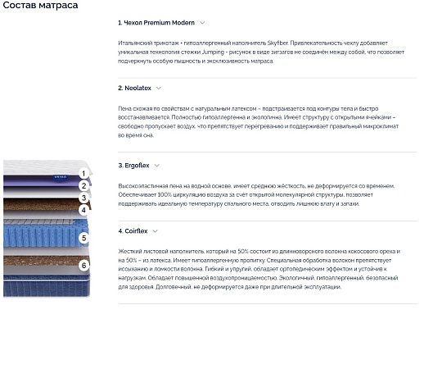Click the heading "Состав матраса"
coord(40,5)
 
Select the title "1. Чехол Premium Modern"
coord(156,23)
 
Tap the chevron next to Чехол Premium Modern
coord(202,23)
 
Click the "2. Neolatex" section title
coord(134,88)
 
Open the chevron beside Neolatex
coord(159,88)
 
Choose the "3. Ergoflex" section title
coord(133,166)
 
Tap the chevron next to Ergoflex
coord(157,166)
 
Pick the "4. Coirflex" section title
coord(133,231)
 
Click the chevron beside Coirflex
coord(156,231)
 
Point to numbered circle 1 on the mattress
coord(83,174)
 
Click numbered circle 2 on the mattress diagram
coord(83,185)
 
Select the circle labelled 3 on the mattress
coord(83,198)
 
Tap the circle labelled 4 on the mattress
coord(83,210)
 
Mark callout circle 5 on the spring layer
coord(84,238)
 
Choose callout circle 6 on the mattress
coord(84,266)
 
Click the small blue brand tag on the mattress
coord(61,177)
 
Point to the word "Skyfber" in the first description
coord(277,43)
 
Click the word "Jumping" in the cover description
coord(213,52)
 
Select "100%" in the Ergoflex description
coord(165,194)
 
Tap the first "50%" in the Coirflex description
coord(243,252)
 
